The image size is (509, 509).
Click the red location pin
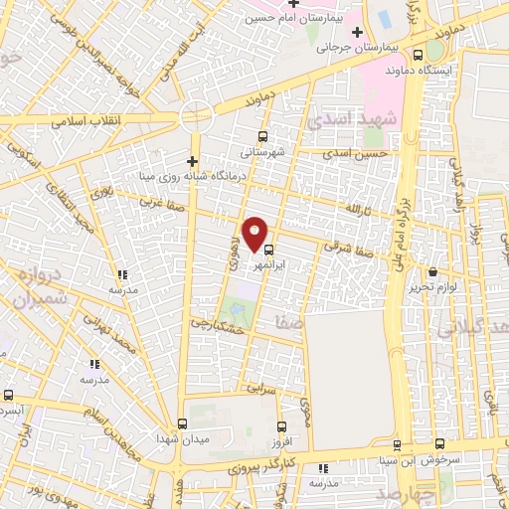pyautogui.click(x=256, y=234)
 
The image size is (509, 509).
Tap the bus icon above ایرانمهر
pyautogui.click(x=270, y=253)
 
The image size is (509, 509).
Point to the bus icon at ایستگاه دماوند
pyautogui.click(x=417, y=56)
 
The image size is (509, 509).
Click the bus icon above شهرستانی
pyautogui.click(x=261, y=137)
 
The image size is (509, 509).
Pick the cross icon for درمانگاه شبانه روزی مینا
pyautogui.click(x=193, y=161)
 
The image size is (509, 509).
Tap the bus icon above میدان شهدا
pyautogui.click(x=180, y=423)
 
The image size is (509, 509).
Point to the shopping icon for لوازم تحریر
pyautogui.click(x=431, y=272)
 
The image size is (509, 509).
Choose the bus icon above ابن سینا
pyautogui.click(x=397, y=445)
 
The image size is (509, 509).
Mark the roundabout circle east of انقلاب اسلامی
pyautogui.click(x=197, y=115)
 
